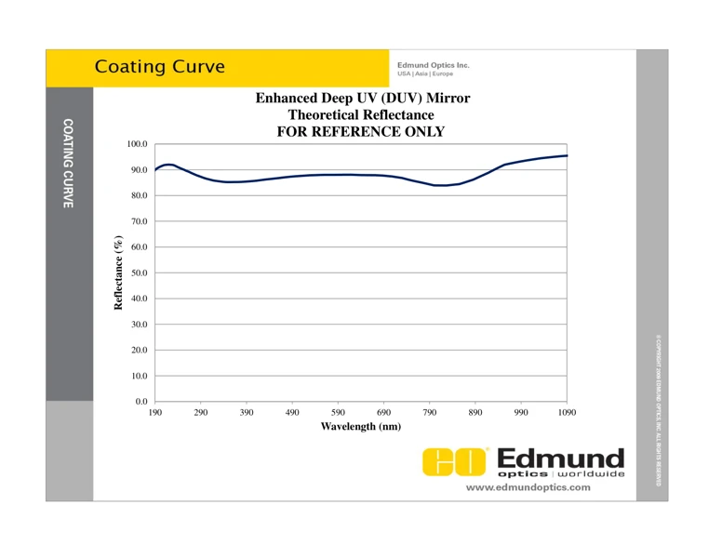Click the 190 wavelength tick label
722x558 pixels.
pyautogui.click(x=154, y=412)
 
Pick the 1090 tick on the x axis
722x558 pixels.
pyautogui.click(x=567, y=412)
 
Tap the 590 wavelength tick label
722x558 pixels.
pyautogui.click(x=338, y=412)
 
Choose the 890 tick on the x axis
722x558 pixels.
pyautogui.click(x=475, y=412)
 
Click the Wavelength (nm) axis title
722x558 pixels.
pyautogui.click(x=360, y=426)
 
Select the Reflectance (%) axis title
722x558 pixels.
pyautogui.click(x=118, y=272)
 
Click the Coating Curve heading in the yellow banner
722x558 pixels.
pyautogui.click(x=160, y=67)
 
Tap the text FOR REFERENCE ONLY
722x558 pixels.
pyautogui.click(x=361, y=132)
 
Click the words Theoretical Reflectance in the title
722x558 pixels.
pyautogui.click(x=361, y=114)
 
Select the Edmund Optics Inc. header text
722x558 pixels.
pyautogui.click(x=433, y=65)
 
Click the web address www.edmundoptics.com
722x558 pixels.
pyautogui.click(x=528, y=487)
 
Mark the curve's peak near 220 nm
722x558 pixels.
pyautogui.click(x=168, y=165)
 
